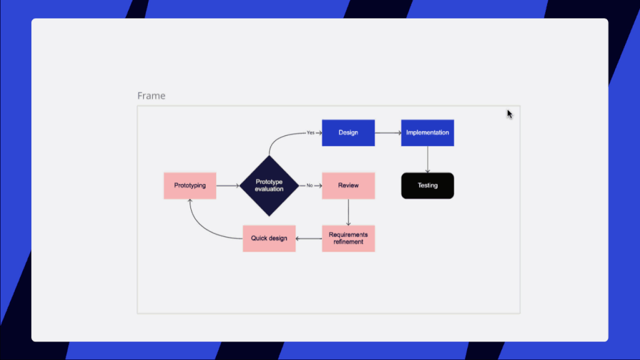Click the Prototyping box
190,185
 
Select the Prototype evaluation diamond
269,185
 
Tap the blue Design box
348,132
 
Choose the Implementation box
427,132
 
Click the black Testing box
427,185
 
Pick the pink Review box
348,185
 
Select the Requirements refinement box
348,238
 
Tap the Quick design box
269,238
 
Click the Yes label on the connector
310,132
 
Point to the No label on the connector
310,185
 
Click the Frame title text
152,96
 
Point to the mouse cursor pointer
510,114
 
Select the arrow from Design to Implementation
388,132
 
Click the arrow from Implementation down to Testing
427,160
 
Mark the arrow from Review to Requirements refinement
348,212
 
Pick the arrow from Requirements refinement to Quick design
308,238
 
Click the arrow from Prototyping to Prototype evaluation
228,185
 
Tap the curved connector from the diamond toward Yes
282,137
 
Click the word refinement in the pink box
348,241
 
